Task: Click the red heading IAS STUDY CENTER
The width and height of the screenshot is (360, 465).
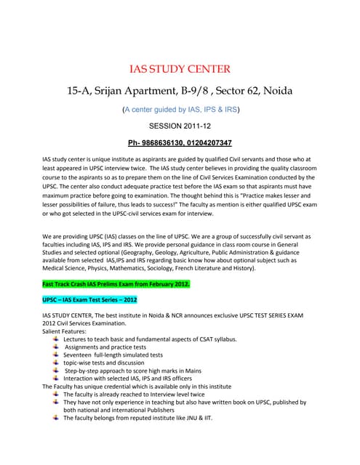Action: point(180,70)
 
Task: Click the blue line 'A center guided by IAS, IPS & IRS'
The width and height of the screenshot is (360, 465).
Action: point(181,110)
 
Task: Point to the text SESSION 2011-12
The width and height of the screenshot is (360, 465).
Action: point(180,126)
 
